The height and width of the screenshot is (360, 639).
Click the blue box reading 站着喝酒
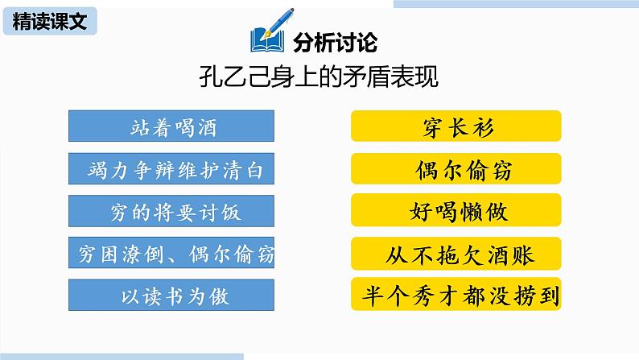[173, 126]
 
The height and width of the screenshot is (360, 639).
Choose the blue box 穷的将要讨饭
[173, 212]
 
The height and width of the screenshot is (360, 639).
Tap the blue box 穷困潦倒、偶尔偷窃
[173, 254]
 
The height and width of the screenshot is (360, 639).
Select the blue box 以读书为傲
[173, 296]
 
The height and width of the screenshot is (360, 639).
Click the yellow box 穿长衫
[456, 128]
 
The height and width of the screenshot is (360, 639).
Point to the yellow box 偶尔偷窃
[456, 170]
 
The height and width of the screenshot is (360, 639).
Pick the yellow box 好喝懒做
[456, 212]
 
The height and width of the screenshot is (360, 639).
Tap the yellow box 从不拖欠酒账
[456, 254]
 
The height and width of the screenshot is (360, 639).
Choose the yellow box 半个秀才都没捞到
[456, 296]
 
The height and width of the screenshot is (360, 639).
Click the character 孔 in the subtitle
[209, 78]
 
